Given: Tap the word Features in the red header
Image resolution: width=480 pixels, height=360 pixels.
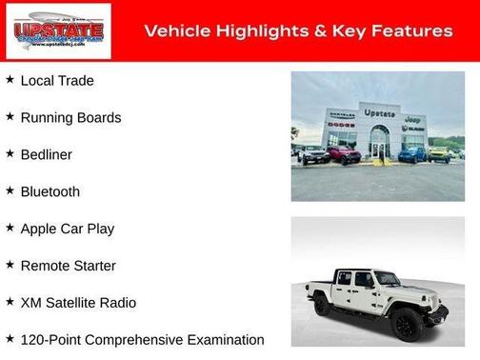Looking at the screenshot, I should coord(410,31).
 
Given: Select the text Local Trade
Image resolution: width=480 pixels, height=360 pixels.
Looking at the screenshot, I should coord(57,81).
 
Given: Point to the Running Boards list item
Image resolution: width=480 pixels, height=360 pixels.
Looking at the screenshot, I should coord(70,118).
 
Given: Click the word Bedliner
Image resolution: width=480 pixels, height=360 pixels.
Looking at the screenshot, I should coord(46,154).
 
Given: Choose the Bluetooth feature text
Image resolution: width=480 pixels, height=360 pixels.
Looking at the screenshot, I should coord(50,191).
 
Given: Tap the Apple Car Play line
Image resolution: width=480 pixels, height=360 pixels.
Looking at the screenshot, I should coord(67,229).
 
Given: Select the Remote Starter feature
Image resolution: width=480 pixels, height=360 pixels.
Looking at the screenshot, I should coord(68,266).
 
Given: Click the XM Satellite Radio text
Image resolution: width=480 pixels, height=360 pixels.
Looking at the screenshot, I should coord(78,303).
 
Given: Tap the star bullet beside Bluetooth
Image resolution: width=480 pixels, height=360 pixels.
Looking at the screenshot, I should coord(10,190).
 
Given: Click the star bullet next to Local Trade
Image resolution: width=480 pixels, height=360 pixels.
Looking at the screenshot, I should coord(10,80).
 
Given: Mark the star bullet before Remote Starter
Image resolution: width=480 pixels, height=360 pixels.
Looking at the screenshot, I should coord(10,265).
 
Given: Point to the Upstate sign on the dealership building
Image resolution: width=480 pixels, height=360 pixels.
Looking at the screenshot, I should coord(379,113).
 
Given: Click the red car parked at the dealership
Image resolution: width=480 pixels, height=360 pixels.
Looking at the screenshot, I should coord(344,153).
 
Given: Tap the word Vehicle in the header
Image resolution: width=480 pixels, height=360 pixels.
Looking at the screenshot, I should coord(176,31).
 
